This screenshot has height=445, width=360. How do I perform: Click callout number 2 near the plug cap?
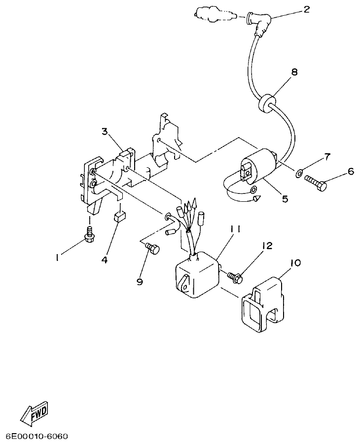[307, 9]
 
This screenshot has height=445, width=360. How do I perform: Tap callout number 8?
[294, 72]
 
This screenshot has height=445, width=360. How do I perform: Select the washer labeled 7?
[299, 173]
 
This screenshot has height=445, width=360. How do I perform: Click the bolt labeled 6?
[316, 184]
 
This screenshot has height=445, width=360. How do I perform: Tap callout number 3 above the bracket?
[105, 131]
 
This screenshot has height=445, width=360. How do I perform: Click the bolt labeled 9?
[153, 250]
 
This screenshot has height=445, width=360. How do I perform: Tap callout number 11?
[235, 228]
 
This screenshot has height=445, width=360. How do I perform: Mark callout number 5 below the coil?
[285, 199]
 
